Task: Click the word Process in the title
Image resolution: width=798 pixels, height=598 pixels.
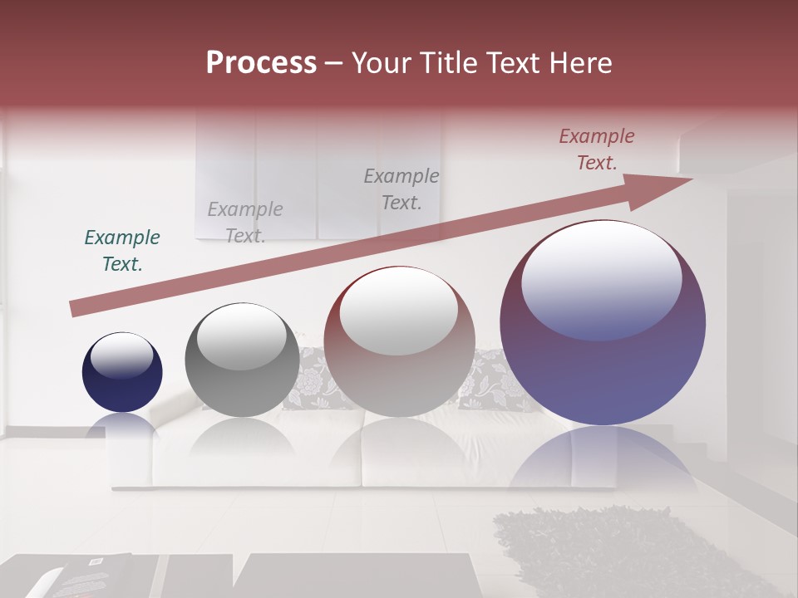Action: tap(261, 63)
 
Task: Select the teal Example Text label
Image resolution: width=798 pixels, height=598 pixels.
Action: tap(122, 251)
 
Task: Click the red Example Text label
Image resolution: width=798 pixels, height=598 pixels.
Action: tap(597, 149)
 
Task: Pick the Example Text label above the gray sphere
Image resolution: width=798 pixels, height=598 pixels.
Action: tap(245, 223)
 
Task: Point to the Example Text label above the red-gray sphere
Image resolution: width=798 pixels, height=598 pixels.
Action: tap(401, 189)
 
